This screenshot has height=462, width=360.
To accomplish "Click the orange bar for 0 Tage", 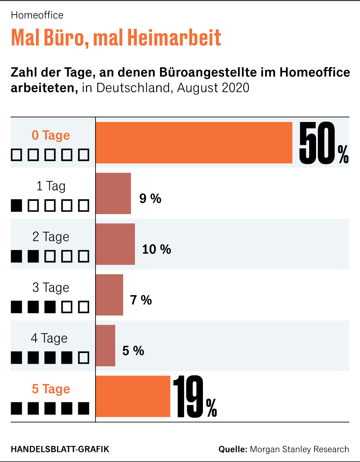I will tap(194, 143).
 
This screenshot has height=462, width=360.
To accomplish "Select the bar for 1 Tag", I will tap(114, 194).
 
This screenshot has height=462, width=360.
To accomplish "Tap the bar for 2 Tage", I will tap(115, 244).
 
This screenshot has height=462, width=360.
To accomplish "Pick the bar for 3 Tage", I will tap(110, 295).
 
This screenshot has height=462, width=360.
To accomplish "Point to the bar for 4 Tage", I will tap(105, 345).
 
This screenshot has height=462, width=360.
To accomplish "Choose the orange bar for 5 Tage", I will tap(133, 396).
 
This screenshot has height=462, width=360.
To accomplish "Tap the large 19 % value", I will tap(195, 398).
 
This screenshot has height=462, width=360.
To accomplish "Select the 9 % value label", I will tap(150, 199).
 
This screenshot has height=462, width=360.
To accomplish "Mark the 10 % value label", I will tap(157, 249).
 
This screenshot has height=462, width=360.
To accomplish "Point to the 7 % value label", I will tap(141, 300).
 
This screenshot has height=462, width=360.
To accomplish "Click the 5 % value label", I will tap(133, 351).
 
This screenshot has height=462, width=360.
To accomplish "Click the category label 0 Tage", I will tap(51, 135).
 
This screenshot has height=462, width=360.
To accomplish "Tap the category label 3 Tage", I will tap(51, 288).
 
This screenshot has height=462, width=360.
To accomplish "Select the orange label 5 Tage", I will tap(51, 389).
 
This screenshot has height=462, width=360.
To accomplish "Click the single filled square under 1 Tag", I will tap(16, 206).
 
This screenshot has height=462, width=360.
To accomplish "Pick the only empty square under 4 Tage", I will tap(84, 358).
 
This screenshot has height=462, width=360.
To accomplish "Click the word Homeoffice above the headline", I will tap(37, 15).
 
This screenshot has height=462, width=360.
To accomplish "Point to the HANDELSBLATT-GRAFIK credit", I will tap(60, 449).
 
